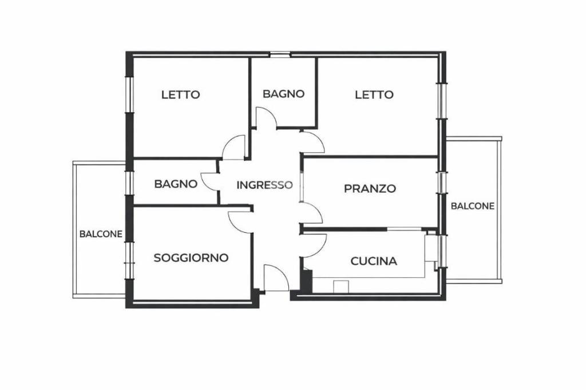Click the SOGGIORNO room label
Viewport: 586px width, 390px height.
[x=191, y=258]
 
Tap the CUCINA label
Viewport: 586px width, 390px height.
[x=374, y=261]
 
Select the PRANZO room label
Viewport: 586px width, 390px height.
[x=370, y=188]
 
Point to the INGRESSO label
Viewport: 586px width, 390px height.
[x=264, y=185]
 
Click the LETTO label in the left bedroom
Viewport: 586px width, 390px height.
[x=180, y=95]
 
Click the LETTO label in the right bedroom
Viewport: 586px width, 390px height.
[x=374, y=95]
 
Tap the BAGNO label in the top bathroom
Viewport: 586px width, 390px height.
[x=283, y=94]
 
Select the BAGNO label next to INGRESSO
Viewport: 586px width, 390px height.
[x=176, y=184]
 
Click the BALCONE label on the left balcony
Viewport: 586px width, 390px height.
[x=101, y=234]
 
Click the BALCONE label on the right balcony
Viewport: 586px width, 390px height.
[x=473, y=206]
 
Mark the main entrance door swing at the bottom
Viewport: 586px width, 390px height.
[x=276, y=279]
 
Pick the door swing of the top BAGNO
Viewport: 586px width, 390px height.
[x=267, y=118]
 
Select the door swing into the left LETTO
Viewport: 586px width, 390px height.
[x=233, y=148]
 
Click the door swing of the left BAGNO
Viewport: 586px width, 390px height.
[x=209, y=182]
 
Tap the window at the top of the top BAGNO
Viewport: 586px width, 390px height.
[x=280, y=54]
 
